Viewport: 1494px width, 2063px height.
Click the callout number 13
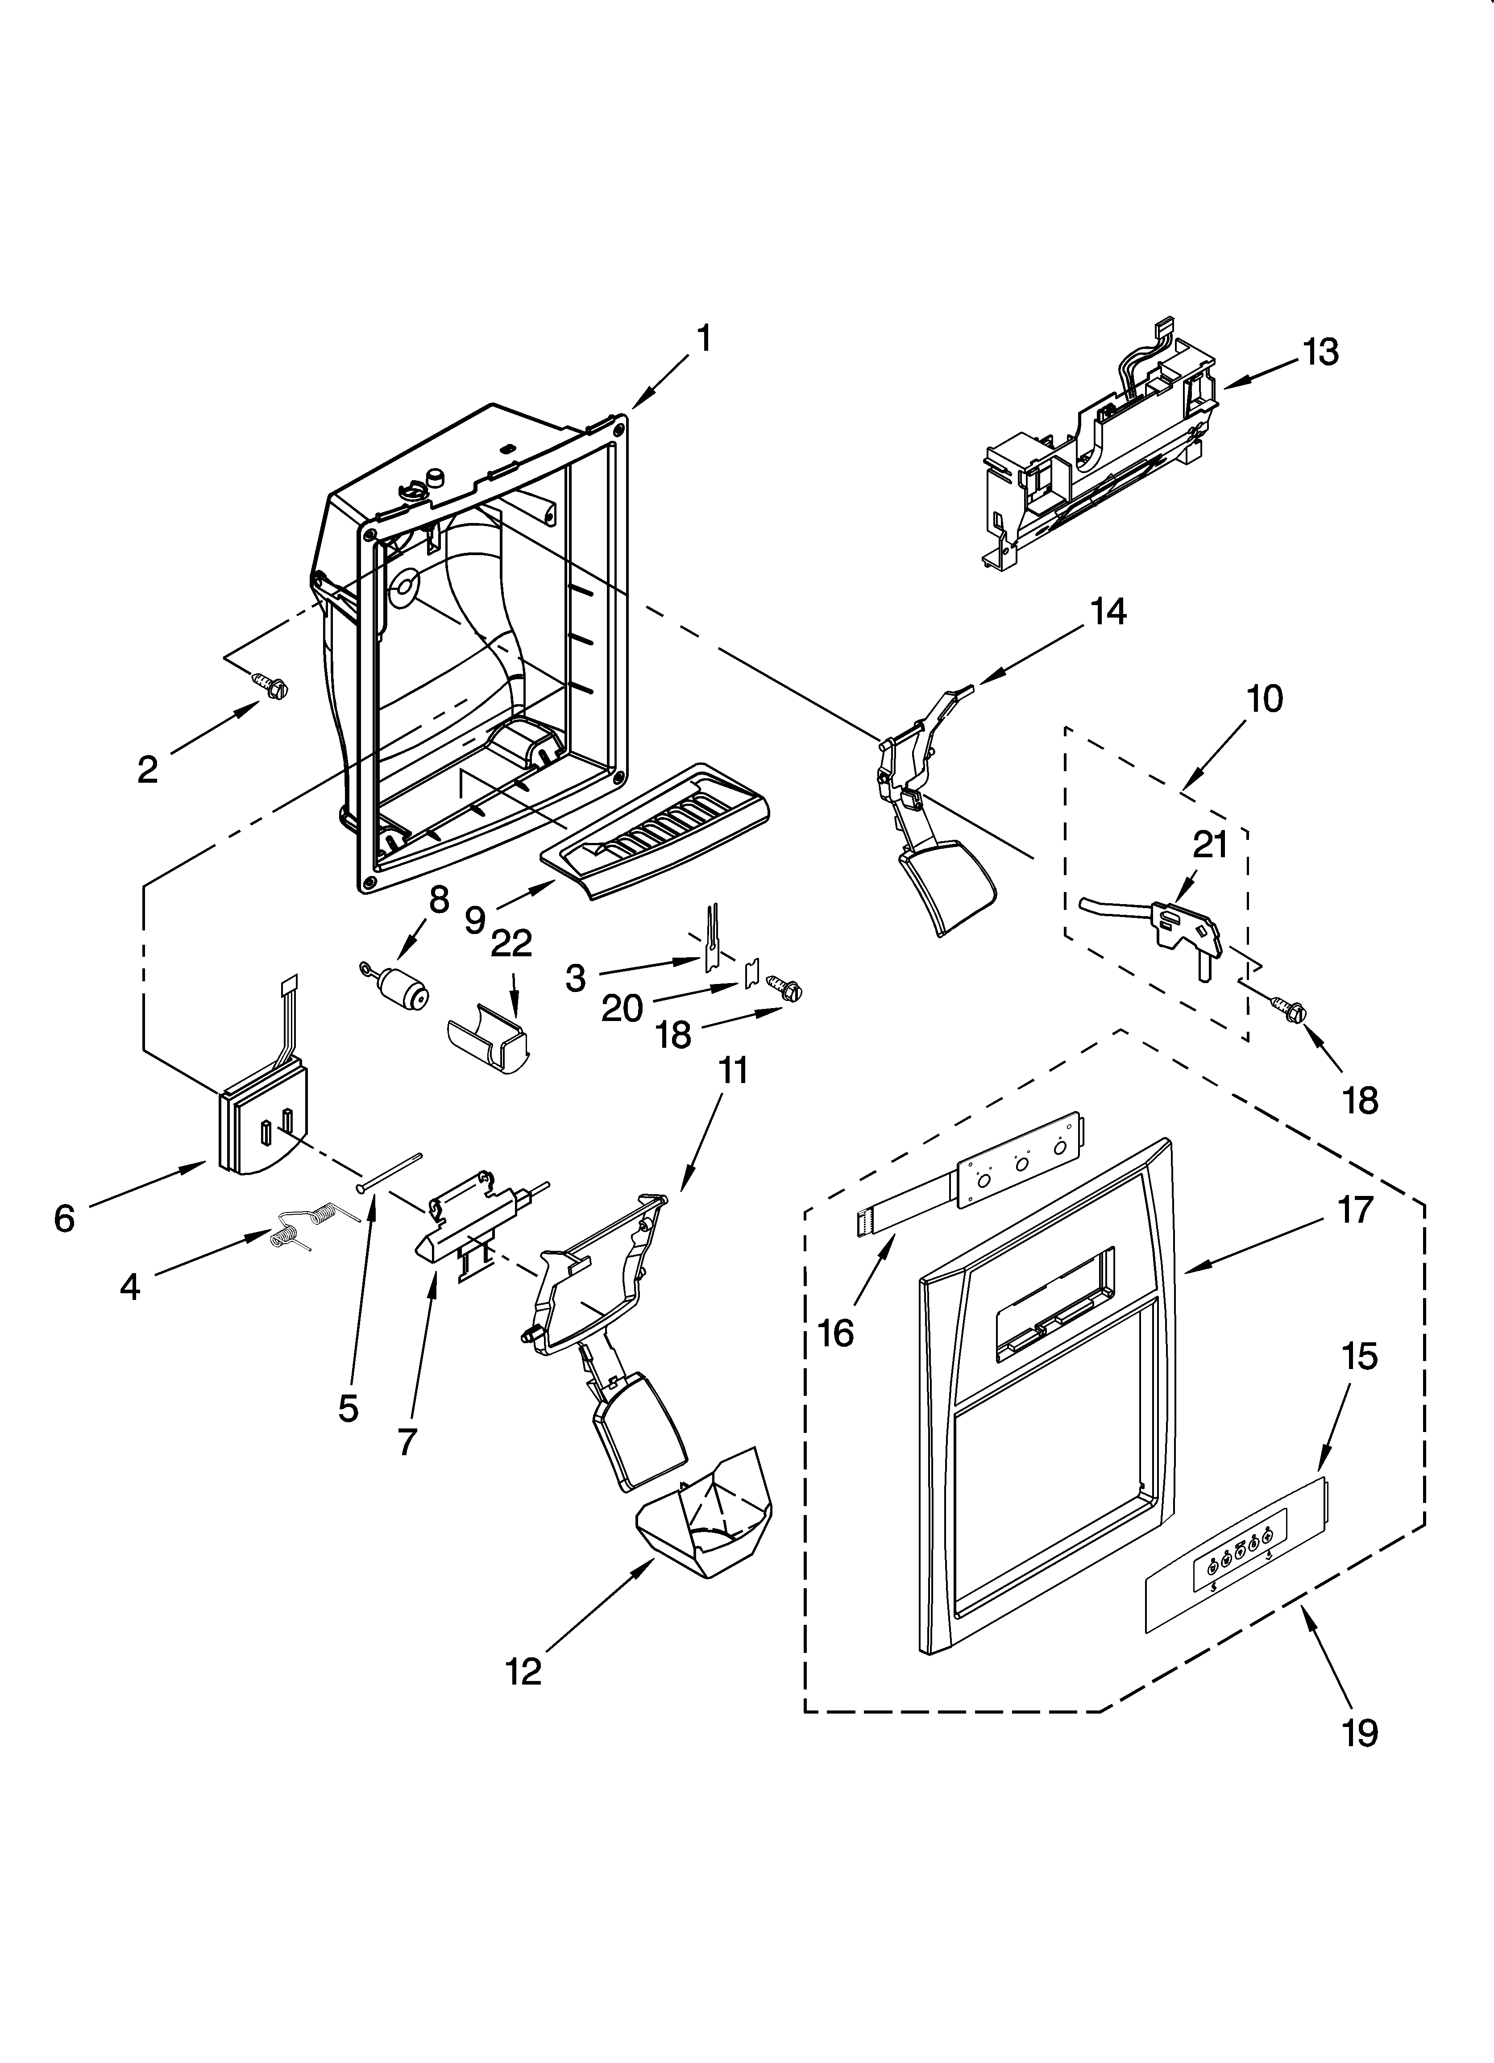point(1320,352)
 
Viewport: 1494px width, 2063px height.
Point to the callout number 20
point(622,1008)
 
